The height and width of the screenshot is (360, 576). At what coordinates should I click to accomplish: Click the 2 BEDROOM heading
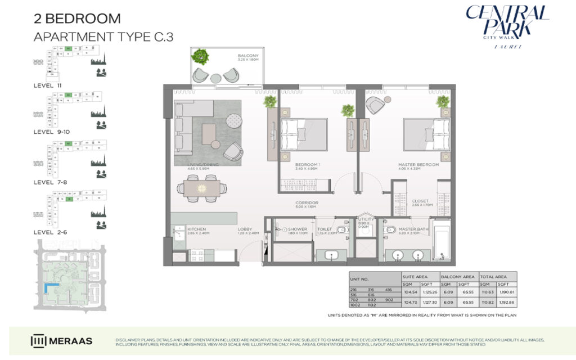77,18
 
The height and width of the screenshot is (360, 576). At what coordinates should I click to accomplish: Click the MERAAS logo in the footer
62,341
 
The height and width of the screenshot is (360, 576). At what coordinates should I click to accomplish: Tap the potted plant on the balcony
199,56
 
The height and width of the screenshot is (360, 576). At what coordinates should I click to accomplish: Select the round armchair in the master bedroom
375,105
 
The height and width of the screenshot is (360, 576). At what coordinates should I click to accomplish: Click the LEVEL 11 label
48,85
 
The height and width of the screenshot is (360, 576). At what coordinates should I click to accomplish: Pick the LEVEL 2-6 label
49,231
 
